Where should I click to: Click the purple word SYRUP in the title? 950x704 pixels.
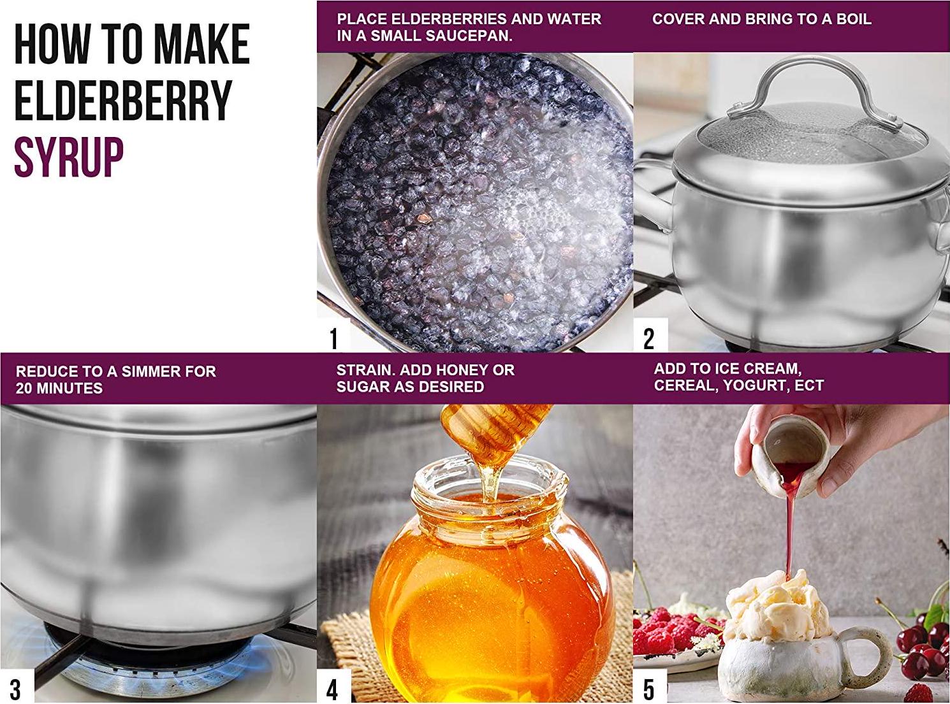coord(69,158)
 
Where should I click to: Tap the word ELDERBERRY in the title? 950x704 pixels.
coord(123,101)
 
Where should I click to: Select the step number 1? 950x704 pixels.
coord(334,338)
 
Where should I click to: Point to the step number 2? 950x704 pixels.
coord(649,338)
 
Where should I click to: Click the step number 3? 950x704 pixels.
coord(15,689)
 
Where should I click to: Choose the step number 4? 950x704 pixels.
coord(332,689)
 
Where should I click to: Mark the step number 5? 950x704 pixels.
coord(649,689)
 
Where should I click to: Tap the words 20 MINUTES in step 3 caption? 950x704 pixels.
coord(59,388)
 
